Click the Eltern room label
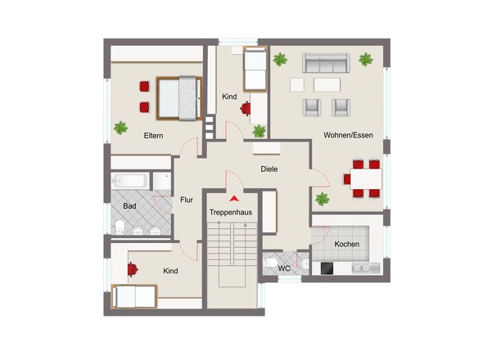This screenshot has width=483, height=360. click(x=153, y=136)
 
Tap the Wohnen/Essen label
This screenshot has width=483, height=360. click(x=348, y=135)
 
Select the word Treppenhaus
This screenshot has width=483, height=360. click(x=231, y=213)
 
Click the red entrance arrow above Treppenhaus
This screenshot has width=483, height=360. click(x=234, y=199)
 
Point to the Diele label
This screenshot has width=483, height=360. click(x=269, y=169)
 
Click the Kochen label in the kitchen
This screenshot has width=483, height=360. click(x=347, y=244)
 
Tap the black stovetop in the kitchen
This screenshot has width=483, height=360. click(x=327, y=268)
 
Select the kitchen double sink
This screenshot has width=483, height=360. click(x=361, y=268)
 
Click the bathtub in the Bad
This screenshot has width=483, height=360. click(x=130, y=181)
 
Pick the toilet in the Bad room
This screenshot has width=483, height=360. click(x=120, y=227)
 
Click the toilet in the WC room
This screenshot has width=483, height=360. click(x=270, y=263)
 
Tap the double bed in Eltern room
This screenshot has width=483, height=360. click(x=179, y=98)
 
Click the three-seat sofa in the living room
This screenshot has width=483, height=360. click(x=326, y=63)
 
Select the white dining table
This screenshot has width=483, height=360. click(x=366, y=179)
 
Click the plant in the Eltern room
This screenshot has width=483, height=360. click(x=121, y=128)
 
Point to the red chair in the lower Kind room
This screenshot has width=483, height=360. click(x=133, y=269)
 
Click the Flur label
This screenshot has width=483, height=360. click(x=187, y=200)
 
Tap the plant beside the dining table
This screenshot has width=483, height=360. click(x=323, y=199)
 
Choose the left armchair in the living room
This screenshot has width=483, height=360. click(x=312, y=108)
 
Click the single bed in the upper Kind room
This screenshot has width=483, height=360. click(x=255, y=69)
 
